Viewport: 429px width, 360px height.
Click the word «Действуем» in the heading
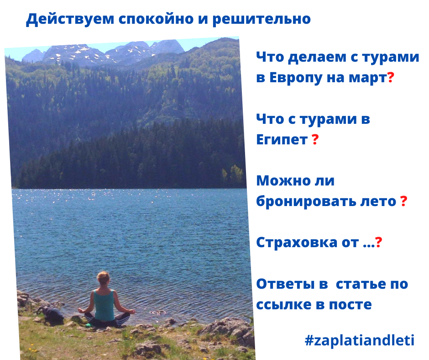coord(70,20)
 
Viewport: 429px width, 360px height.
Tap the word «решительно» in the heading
coord(262,19)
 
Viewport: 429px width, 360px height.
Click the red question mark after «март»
coord(391,78)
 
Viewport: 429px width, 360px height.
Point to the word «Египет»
coord(282,139)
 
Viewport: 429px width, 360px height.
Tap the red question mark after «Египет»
coord(315,139)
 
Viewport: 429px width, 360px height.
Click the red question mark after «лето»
coord(403,201)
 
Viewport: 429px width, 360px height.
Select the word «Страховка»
coord(297,243)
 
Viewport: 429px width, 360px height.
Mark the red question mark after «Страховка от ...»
coord(379,242)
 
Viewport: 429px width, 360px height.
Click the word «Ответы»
coord(285,284)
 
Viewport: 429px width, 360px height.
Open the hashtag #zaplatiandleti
coord(360,340)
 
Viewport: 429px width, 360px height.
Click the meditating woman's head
coord(104,278)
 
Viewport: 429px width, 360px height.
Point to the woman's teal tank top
coord(104,304)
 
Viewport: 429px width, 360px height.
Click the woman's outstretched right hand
coord(132,312)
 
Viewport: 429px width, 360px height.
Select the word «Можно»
coord(282,181)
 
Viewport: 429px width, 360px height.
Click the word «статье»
coord(361,284)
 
